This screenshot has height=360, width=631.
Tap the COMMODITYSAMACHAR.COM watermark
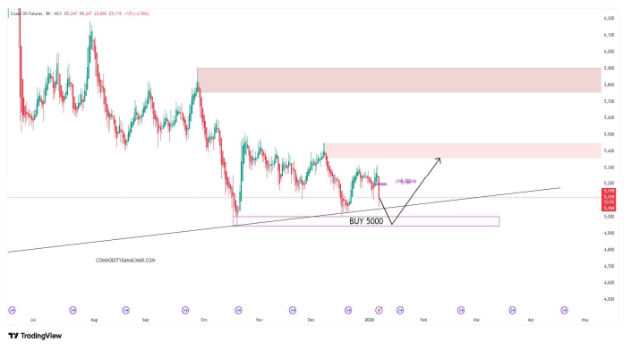point(125,261)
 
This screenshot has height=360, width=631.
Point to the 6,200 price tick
point(609,18)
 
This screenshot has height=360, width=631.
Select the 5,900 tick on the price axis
point(609,68)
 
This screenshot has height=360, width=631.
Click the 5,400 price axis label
point(609,150)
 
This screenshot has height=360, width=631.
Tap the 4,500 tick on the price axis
point(609,299)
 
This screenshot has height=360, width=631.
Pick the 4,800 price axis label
point(609,250)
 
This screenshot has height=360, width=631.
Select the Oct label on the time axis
point(204,319)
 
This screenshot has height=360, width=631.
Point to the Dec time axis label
point(311,319)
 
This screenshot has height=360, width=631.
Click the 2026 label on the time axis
point(368,319)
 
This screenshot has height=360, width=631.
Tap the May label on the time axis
point(584,319)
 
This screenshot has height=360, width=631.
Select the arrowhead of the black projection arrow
point(439,159)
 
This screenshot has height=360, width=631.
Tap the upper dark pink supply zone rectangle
point(398,80)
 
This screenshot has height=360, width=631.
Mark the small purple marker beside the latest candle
point(381,184)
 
